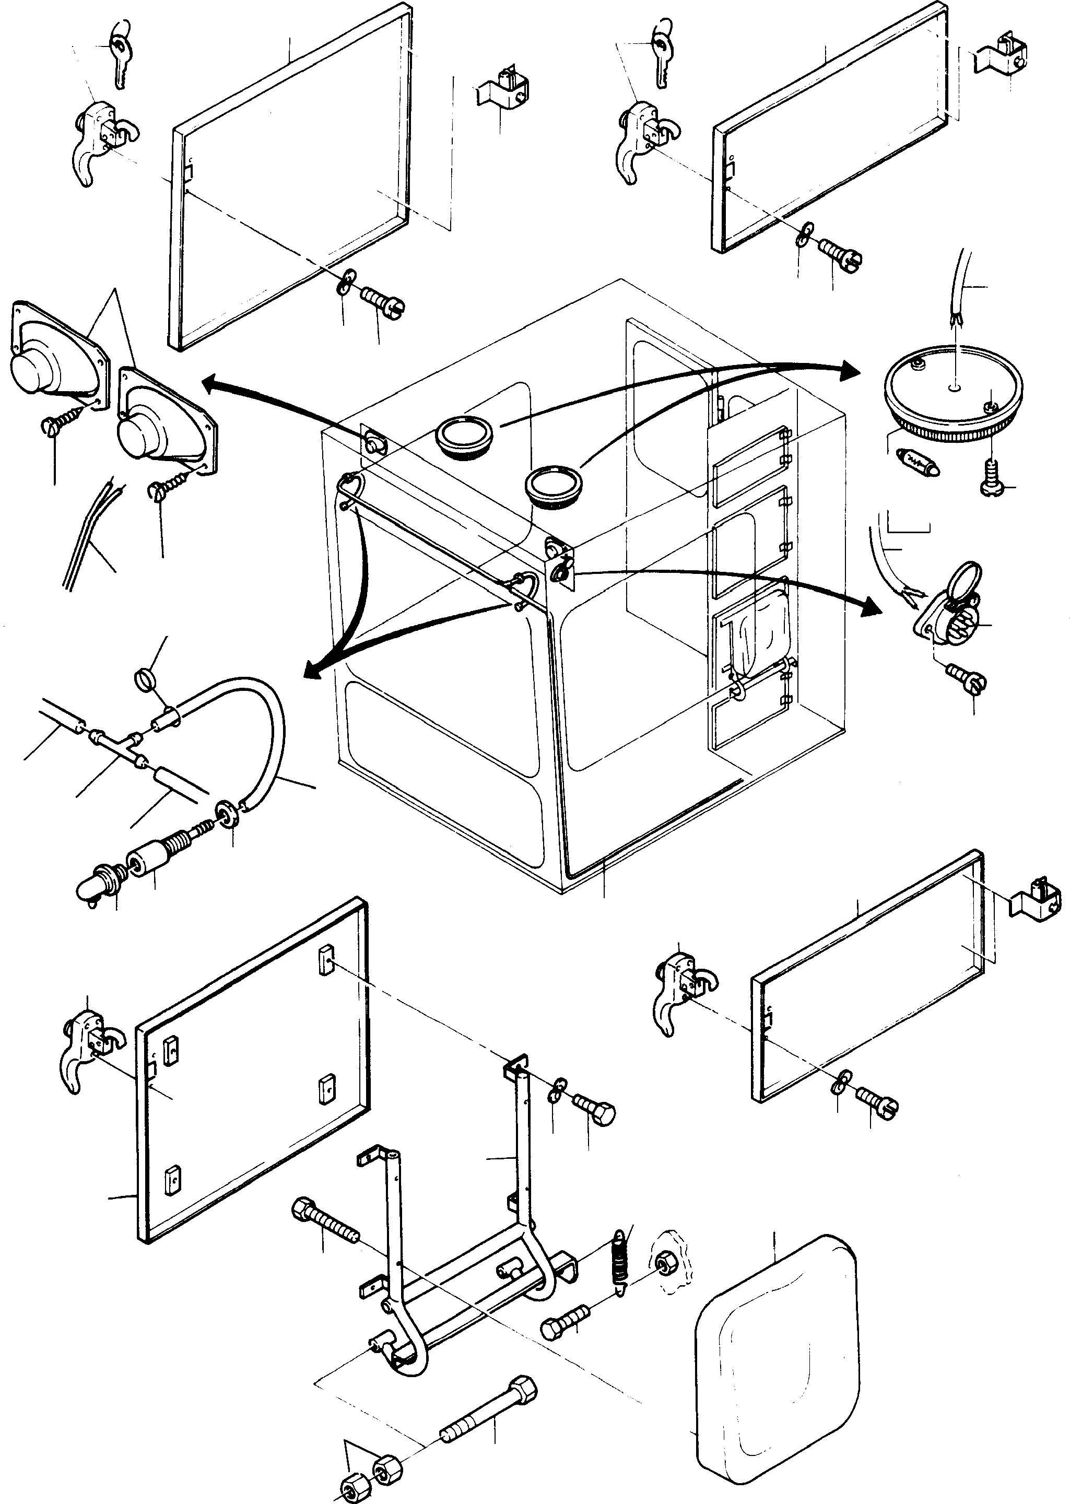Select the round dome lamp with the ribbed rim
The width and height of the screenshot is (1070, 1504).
pyautogui.click(x=952, y=396)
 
